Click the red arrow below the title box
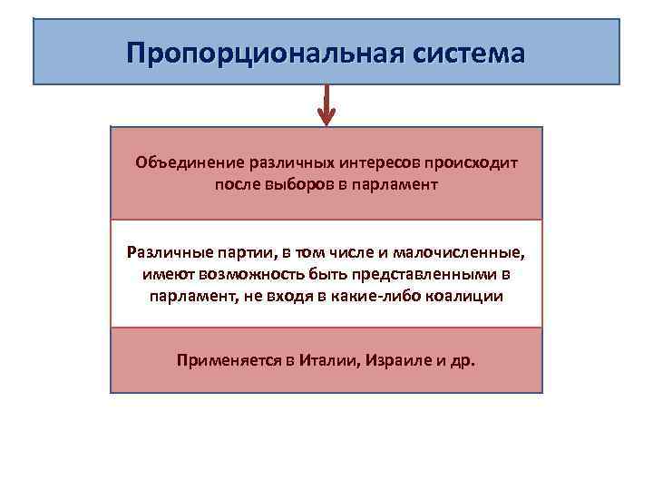pyautogui.click(x=326, y=107)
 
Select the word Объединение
pyautogui.click(x=184, y=162)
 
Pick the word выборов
pyautogui.click(x=303, y=184)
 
